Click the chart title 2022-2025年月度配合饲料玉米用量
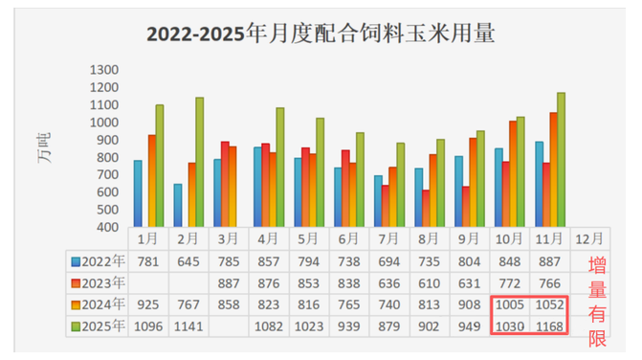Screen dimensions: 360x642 (321, 35)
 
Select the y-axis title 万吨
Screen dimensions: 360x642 (45, 150)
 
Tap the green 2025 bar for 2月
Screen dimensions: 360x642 (199, 163)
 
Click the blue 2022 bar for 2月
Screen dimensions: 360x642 (178, 206)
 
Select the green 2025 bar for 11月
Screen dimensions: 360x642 (561, 161)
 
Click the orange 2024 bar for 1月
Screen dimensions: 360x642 (151, 181)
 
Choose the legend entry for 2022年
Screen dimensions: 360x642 (99, 261)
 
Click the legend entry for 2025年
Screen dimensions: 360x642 (99, 326)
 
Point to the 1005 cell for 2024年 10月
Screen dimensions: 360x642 (509, 304)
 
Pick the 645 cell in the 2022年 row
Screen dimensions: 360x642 (190, 261)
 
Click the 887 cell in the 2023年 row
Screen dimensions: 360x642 (229, 282)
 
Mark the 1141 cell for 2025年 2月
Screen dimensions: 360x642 (190, 326)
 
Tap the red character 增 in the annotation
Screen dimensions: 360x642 (597, 266)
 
